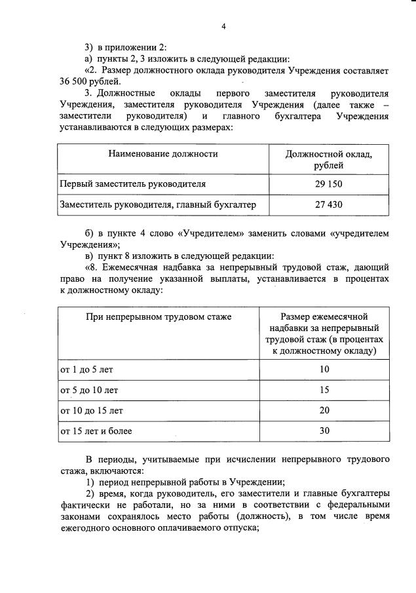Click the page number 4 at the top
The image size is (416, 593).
(223, 27)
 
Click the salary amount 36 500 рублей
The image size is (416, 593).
(89, 81)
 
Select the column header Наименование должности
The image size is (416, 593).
(163, 154)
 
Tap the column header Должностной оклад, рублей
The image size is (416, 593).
(329, 159)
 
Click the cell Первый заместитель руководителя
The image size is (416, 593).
(133, 183)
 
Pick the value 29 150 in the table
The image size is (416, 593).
(329, 183)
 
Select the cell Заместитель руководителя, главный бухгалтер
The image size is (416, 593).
(157, 205)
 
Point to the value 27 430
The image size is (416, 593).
(329, 205)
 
